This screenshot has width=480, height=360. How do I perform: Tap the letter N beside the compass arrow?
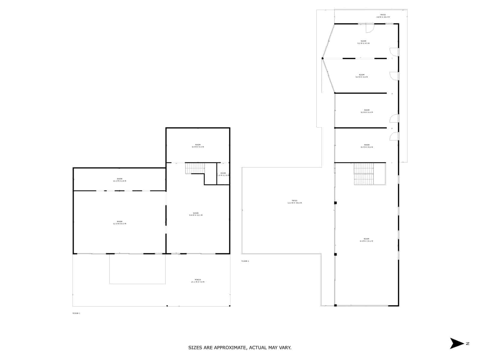click(467, 344)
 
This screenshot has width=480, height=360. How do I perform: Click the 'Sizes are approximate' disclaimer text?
click(240, 348)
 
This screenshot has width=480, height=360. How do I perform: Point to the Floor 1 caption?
click(76, 313)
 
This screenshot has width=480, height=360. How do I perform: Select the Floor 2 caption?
click(245, 261)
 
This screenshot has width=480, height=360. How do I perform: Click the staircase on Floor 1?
click(195, 168)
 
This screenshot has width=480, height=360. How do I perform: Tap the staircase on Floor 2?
click(364, 174)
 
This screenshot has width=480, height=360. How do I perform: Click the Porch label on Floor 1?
click(198, 281)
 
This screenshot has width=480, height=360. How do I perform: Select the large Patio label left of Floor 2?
click(294, 202)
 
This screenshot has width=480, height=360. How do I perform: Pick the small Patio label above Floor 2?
click(383, 16)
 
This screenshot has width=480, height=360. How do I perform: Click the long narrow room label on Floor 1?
click(119, 180)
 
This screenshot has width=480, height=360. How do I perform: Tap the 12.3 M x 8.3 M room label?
click(119, 223)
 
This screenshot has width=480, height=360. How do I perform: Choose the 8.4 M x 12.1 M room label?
click(196, 214)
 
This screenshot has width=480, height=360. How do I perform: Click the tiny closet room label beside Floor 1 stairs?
click(223, 174)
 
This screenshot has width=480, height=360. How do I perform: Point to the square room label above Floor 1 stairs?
click(198, 146)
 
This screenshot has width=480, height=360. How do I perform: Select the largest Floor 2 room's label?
click(366, 240)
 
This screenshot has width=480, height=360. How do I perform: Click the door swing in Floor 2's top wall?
click(369, 28)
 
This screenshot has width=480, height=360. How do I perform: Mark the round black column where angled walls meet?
click(322, 58)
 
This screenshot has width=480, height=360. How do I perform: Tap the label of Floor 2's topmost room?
click(363, 42)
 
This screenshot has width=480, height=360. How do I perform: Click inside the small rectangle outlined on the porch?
click(137, 269)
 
